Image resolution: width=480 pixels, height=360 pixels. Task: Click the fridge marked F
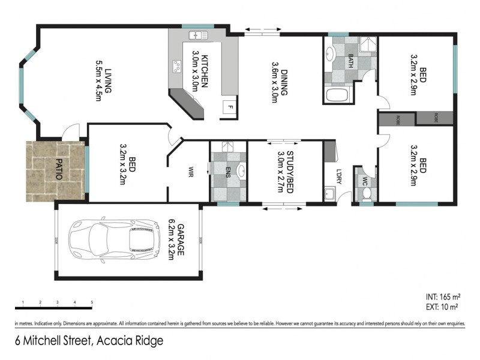tap(228, 109)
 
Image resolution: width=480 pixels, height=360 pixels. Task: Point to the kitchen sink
tap(199, 37)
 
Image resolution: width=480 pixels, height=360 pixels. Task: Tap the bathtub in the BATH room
tap(335, 95)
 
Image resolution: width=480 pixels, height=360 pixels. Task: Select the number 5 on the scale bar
tap(92, 302)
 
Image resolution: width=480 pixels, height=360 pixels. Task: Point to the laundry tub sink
tap(329, 194)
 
